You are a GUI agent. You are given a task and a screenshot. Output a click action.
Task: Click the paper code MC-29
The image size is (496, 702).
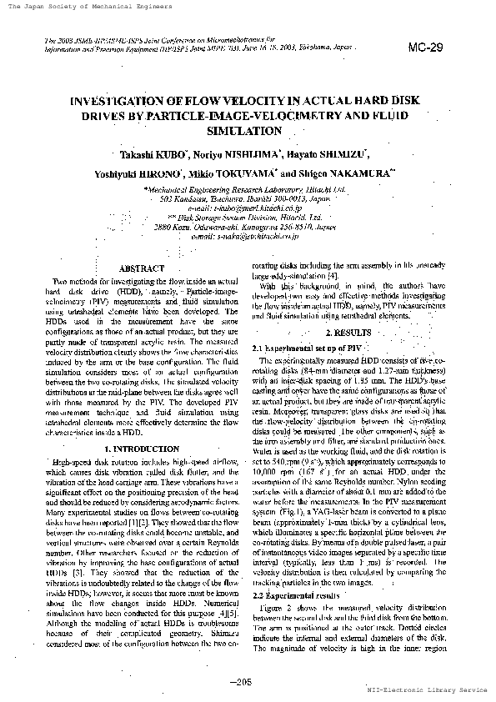pyautogui.click(x=425, y=48)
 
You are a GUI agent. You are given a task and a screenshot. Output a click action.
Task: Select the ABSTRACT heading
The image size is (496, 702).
pyautogui.click(x=142, y=269)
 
